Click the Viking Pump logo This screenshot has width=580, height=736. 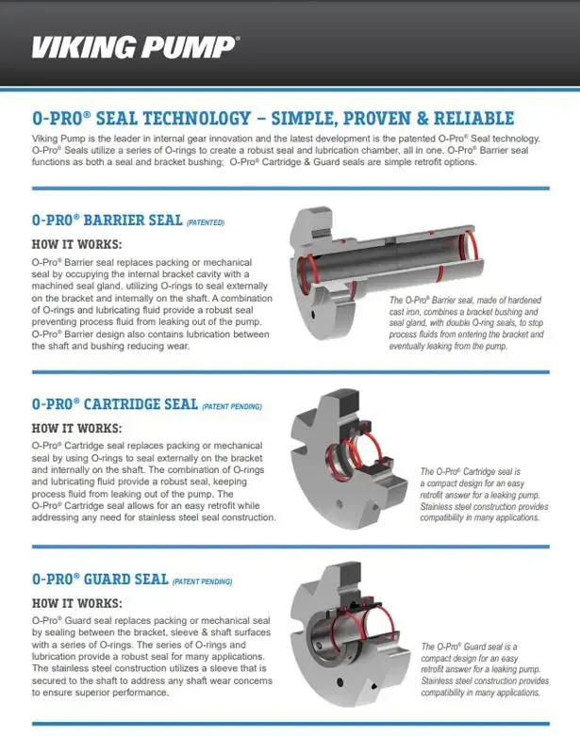coord(136,46)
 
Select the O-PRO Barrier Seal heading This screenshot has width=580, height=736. coord(107,220)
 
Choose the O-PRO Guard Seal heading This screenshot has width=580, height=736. coord(100,579)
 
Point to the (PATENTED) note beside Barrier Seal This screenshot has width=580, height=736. coord(206,222)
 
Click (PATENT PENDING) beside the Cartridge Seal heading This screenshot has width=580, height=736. coord(231,406)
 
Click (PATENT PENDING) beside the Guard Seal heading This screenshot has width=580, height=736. coord(203,581)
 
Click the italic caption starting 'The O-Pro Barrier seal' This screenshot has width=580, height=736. coord(467,322)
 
